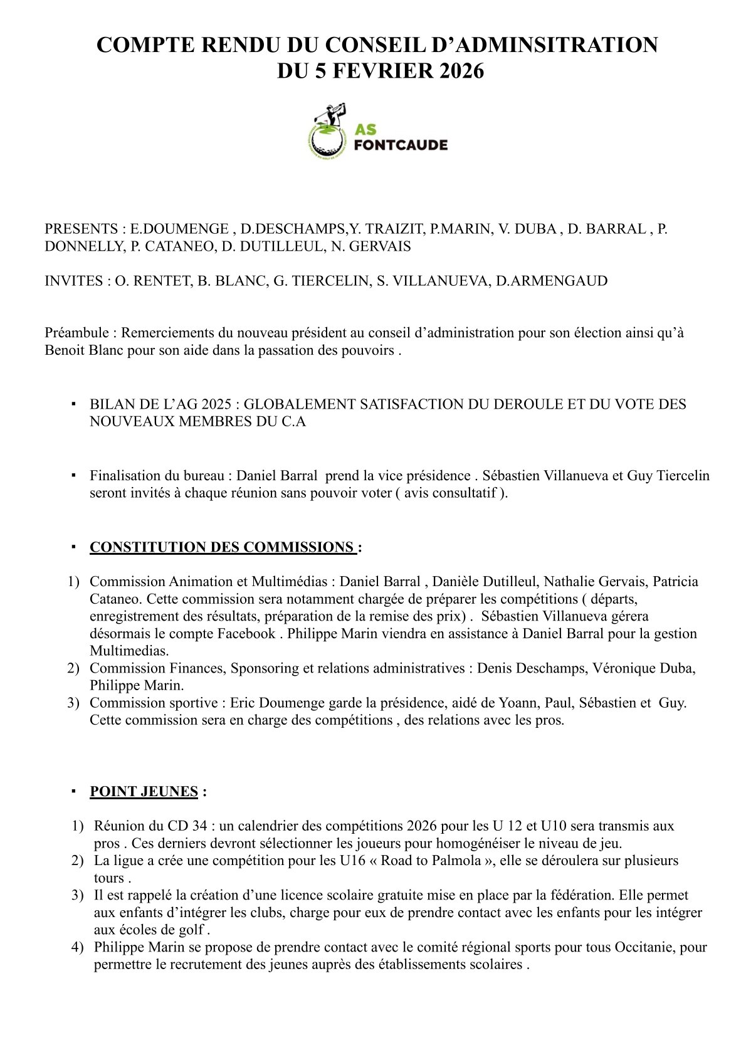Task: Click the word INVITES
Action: pyautogui.click(x=73, y=281)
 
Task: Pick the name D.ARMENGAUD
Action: pyautogui.click(x=552, y=281)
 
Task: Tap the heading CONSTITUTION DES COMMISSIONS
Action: pyautogui.click(x=223, y=547)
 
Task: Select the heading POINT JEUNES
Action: pyautogui.click(x=144, y=792)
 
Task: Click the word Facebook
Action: pyautogui.click(x=246, y=634)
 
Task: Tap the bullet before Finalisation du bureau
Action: pyautogui.click(x=73, y=475)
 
